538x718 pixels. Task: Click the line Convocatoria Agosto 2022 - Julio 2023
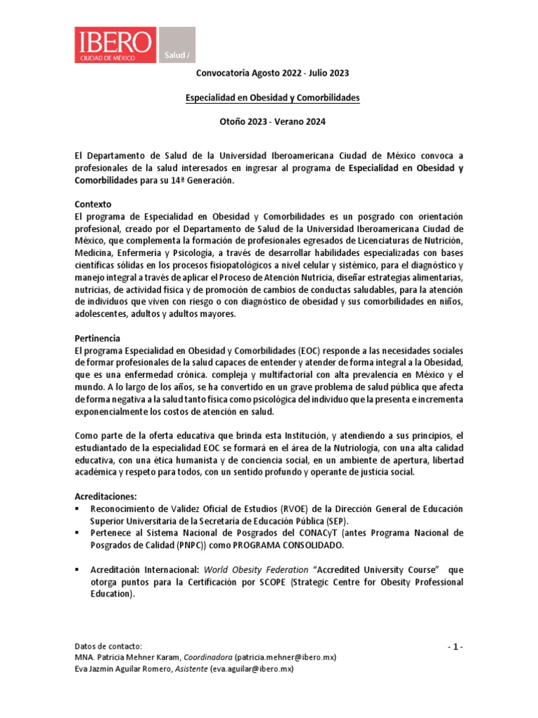point(269,73)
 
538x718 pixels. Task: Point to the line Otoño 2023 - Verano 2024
point(269,122)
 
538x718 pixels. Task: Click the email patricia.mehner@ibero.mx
point(285,658)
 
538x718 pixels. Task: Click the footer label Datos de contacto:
point(109,646)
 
